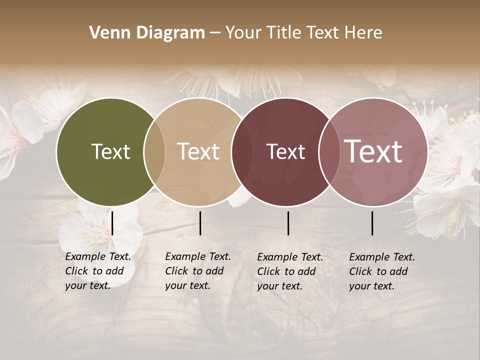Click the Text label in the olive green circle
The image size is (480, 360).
point(110,151)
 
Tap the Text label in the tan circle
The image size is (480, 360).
point(198,151)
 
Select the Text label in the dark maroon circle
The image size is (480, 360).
point(285,151)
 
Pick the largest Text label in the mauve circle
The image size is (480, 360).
point(373,151)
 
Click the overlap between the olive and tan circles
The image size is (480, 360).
point(154,151)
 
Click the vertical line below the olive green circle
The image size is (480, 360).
point(112,223)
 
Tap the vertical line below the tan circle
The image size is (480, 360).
point(200,223)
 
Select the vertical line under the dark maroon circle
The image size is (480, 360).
point(288,223)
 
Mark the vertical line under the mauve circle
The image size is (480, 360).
point(372,223)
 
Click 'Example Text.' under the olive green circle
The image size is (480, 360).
point(98,256)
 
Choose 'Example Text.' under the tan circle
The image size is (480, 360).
point(198,256)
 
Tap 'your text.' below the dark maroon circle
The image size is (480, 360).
point(279,286)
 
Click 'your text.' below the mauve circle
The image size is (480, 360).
point(371,286)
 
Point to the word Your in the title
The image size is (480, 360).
point(243,33)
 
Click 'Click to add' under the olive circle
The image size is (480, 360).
point(94,271)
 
